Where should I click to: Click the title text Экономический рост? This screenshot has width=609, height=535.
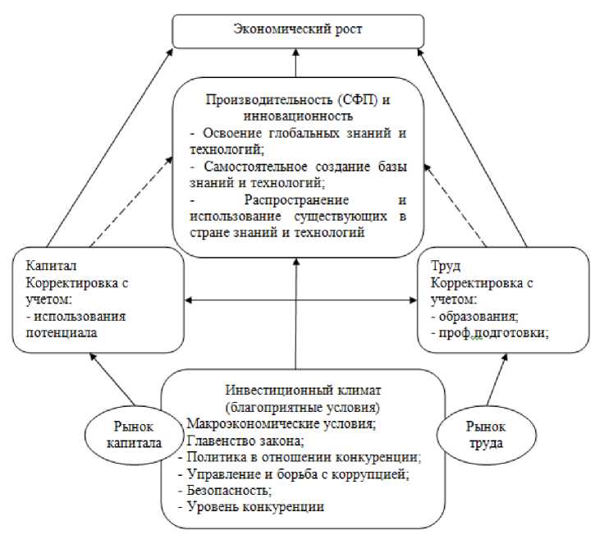pyautogui.click(x=298, y=30)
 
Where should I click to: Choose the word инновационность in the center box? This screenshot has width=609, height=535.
pyautogui.click(x=298, y=116)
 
